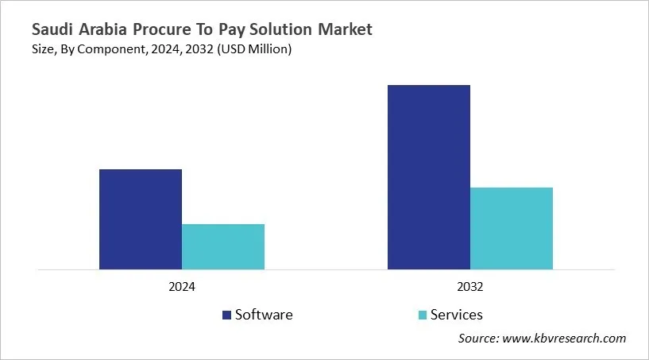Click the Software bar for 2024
141,219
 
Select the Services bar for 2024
223,246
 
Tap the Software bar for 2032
429,176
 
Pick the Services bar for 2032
512,228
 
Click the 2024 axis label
182,287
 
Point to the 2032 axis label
470,287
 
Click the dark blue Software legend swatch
226,315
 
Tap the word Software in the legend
264,315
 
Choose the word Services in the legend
456,315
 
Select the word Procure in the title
168,30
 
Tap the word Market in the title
343,30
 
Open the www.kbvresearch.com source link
565,339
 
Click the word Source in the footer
478,339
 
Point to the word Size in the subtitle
44,50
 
